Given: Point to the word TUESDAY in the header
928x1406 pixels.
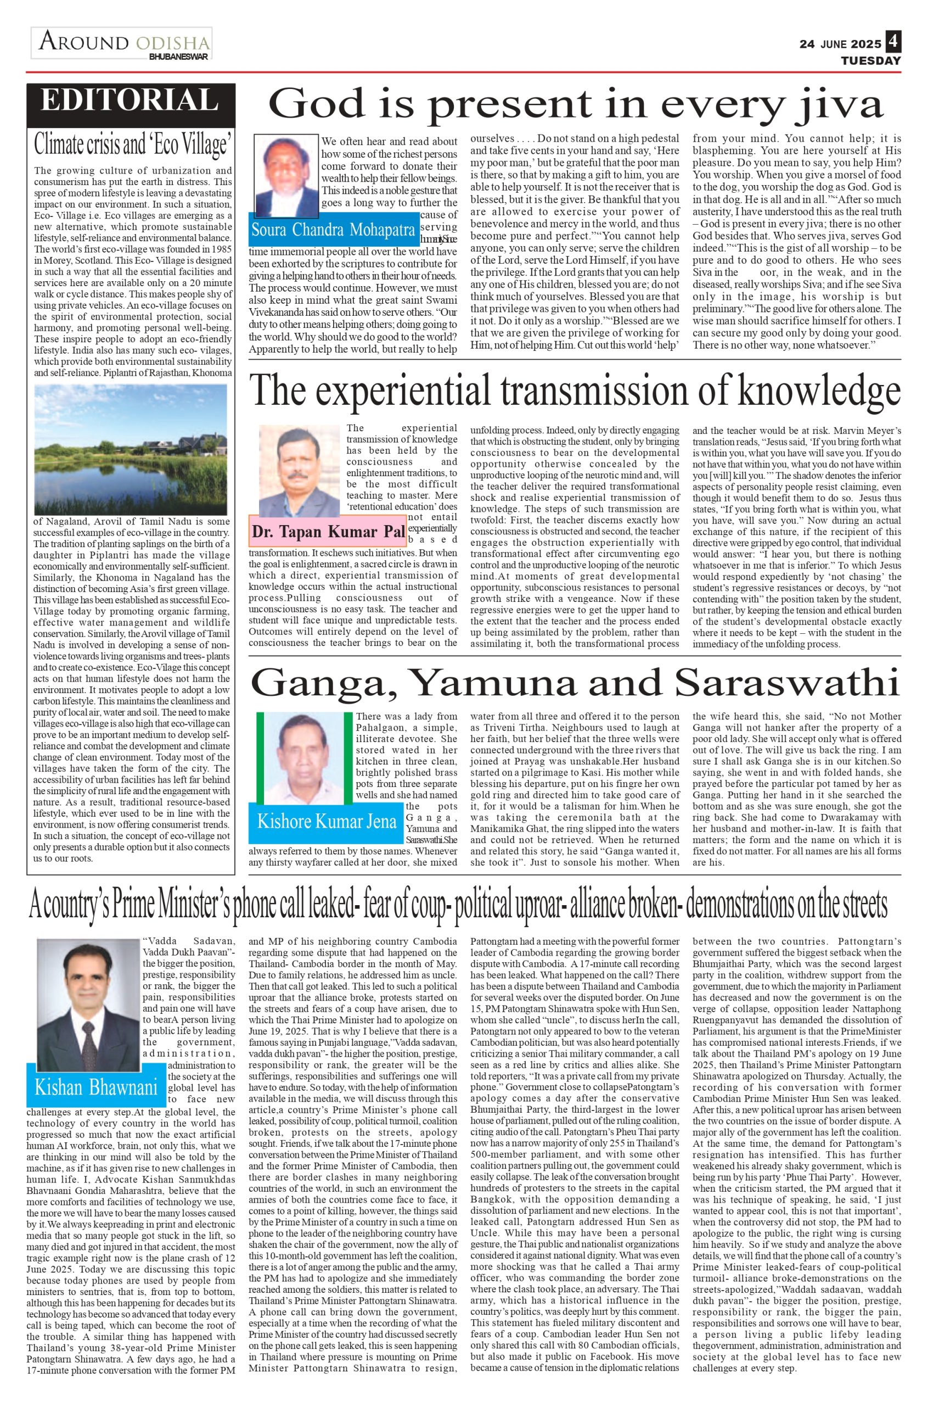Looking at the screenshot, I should (870, 61).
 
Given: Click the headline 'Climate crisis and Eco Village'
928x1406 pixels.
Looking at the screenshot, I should (131, 143).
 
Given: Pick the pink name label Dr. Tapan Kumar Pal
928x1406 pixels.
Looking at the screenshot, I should (328, 531).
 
